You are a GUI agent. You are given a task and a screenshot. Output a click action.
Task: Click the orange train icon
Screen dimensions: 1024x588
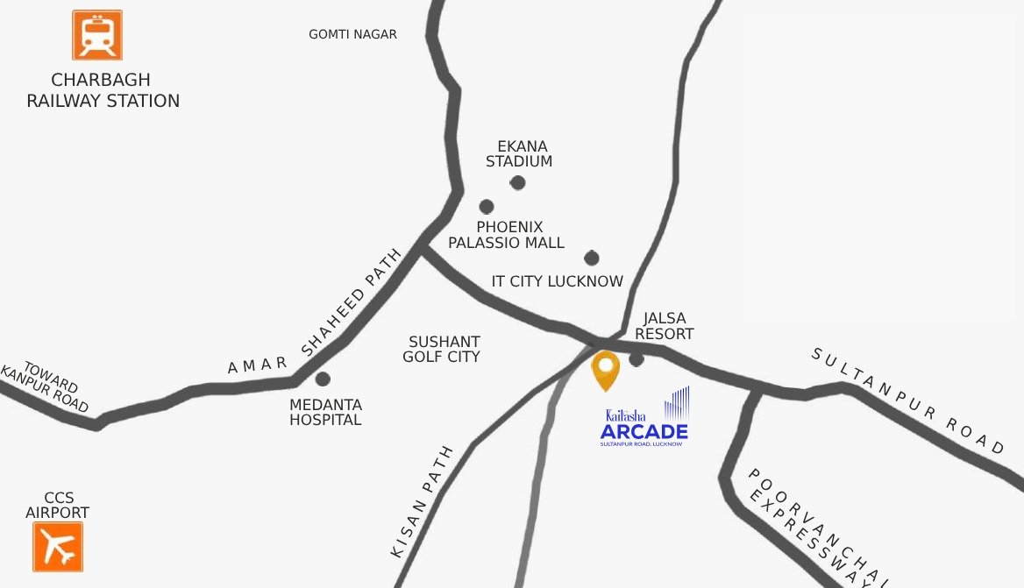(x=97, y=35)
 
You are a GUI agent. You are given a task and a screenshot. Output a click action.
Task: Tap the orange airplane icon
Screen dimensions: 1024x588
(x=58, y=547)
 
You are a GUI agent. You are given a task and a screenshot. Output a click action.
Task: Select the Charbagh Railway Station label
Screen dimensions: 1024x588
(x=103, y=91)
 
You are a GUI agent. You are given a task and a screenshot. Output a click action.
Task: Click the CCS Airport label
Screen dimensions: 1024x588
(x=57, y=505)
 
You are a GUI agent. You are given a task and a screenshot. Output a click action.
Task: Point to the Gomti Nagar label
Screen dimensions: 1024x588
(x=352, y=34)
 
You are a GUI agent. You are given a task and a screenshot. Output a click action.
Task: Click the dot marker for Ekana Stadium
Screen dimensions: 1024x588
(x=518, y=182)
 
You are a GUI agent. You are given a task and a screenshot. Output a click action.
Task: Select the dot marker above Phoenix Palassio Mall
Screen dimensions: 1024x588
(x=487, y=207)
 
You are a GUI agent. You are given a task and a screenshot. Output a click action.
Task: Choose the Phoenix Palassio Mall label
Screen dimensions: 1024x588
(x=507, y=235)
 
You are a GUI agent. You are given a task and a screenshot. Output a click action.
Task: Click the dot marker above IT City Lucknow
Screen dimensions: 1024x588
(x=592, y=258)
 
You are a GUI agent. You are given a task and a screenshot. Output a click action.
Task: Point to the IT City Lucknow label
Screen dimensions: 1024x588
(x=558, y=281)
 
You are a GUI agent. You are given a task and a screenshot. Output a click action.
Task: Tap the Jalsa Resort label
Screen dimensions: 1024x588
(x=664, y=326)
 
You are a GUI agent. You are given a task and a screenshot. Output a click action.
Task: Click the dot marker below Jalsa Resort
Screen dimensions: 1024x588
(x=636, y=358)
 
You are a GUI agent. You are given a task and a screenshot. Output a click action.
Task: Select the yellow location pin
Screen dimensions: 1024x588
(x=605, y=371)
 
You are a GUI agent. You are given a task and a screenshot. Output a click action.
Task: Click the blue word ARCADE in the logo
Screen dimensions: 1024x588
(x=644, y=431)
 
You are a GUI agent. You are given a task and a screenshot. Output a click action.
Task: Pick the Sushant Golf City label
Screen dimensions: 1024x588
(x=442, y=349)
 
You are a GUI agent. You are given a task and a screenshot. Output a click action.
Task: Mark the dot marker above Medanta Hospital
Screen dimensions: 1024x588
(x=323, y=379)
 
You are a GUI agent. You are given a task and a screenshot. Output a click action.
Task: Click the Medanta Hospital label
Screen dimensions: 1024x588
(x=325, y=413)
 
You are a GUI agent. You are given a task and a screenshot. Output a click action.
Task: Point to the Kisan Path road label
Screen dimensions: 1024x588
(x=422, y=502)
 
